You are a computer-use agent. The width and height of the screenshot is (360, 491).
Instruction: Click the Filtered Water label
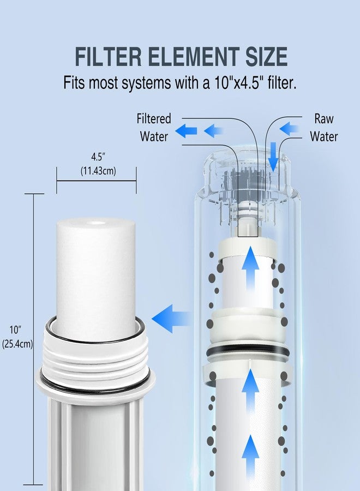coord(154,127)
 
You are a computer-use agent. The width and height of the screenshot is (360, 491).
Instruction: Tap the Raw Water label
coord(324,127)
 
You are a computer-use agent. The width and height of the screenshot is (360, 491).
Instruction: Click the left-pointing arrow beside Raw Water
coord(289,128)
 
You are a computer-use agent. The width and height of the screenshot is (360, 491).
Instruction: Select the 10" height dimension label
coord(15,330)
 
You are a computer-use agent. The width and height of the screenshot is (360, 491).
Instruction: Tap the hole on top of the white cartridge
coord(97,223)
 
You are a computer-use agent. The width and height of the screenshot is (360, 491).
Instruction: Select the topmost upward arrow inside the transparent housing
coord(251,268)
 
